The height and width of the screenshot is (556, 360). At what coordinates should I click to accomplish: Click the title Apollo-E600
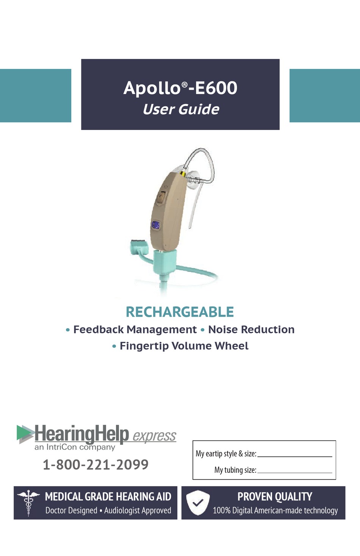(x=180, y=88)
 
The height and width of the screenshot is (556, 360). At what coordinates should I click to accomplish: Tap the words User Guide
(x=181, y=109)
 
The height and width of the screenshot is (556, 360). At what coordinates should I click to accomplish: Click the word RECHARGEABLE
(x=180, y=312)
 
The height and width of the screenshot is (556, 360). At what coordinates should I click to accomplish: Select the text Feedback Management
(x=135, y=330)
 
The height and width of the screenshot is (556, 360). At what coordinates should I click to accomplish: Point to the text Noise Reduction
(x=251, y=330)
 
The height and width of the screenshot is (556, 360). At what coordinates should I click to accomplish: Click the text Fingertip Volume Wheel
(x=184, y=346)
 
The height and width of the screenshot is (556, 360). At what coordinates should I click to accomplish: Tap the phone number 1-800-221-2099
(x=95, y=464)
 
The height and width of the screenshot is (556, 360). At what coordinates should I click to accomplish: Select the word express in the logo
(x=154, y=436)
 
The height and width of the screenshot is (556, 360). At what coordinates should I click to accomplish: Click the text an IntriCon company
(x=75, y=447)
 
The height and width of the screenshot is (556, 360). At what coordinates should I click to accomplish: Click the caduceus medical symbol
(x=28, y=502)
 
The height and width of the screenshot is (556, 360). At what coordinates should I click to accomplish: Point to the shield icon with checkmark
(x=198, y=503)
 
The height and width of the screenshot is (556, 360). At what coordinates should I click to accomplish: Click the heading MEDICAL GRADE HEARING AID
(x=108, y=497)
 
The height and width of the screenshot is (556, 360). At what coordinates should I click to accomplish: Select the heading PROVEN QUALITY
(x=275, y=497)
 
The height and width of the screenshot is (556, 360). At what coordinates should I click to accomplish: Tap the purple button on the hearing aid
(x=155, y=225)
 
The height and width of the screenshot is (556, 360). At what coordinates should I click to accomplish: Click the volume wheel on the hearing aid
(x=161, y=198)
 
